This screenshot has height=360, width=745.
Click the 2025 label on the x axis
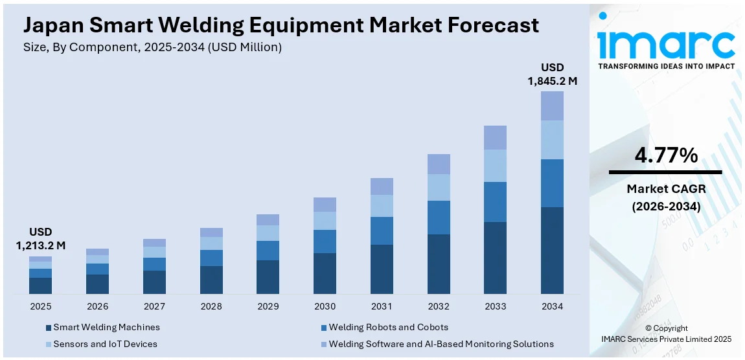40,306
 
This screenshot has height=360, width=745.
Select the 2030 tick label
325,306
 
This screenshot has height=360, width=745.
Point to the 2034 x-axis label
552,306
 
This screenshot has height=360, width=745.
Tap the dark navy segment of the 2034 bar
552,251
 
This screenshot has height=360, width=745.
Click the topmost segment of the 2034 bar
552,106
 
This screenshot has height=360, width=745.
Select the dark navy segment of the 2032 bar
439,264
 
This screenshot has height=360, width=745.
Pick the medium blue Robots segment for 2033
495,202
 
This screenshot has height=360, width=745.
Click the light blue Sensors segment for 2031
382,206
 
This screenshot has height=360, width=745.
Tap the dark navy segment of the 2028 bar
211,280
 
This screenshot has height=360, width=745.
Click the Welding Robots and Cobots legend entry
388,328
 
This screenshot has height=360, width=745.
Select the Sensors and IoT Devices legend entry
105,344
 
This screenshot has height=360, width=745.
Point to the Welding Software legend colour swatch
323,344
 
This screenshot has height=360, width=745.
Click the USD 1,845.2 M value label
552,74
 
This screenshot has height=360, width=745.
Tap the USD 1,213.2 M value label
40,239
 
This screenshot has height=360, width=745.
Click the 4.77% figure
665,155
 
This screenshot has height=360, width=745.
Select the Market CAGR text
665,188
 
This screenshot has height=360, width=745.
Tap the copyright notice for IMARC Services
666,333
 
